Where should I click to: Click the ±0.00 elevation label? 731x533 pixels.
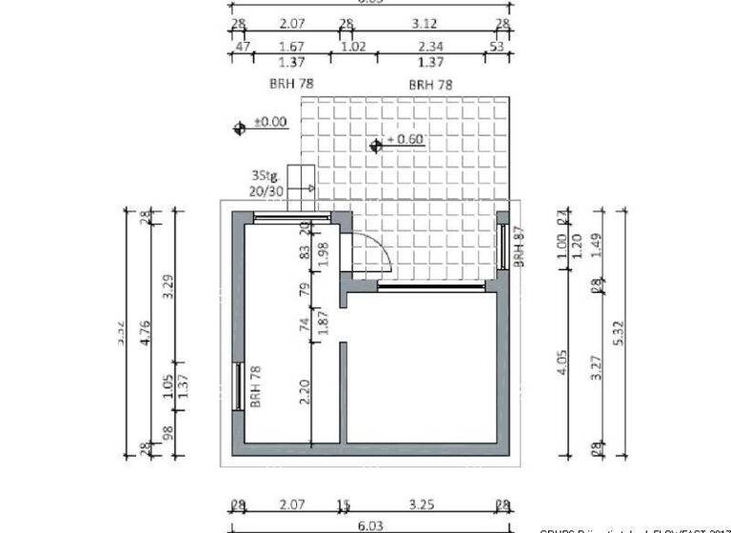270,122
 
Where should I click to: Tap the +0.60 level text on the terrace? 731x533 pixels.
405,140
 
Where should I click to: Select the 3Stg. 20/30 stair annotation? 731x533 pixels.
267,184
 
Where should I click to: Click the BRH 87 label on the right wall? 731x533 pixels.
520,246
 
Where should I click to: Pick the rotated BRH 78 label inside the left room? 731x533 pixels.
256,385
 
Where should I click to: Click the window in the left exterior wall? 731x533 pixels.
237,385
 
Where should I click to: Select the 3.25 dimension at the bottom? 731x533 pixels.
420,504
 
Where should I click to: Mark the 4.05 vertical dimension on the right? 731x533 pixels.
563,365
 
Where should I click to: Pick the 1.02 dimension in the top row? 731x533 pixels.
354,45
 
